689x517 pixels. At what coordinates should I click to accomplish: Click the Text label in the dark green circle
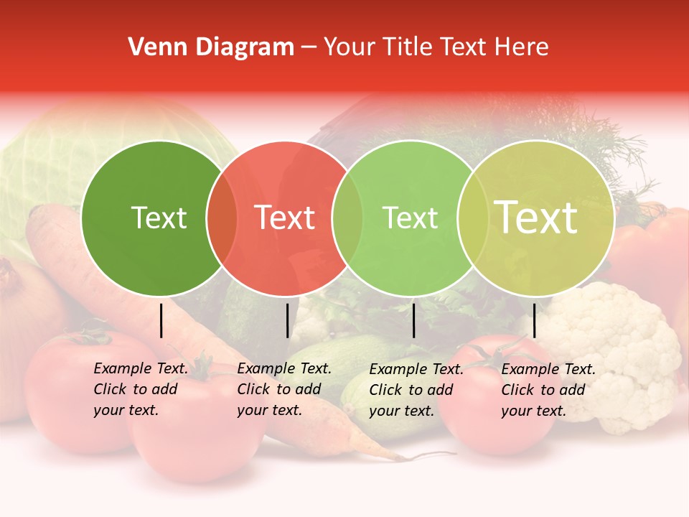[x=159, y=218]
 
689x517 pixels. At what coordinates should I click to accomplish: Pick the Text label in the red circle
[x=284, y=218]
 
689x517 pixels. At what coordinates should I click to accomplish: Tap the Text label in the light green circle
[x=410, y=218]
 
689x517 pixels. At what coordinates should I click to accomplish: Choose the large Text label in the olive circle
[x=536, y=217]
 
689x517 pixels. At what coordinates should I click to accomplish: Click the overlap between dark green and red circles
[x=222, y=218]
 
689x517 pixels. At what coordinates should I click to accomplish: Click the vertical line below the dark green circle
[x=161, y=320]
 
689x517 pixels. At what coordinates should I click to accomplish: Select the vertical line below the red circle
[x=287, y=320]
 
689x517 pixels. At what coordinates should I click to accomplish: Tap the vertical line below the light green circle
[x=413, y=320]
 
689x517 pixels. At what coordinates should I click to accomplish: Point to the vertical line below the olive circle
[x=534, y=320]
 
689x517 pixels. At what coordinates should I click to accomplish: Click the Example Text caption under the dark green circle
[x=140, y=389]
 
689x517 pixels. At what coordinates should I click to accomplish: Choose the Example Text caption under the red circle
[x=283, y=389]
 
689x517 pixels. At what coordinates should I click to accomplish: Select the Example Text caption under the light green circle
[x=416, y=390]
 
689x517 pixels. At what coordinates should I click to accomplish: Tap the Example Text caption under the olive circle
[x=548, y=390]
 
